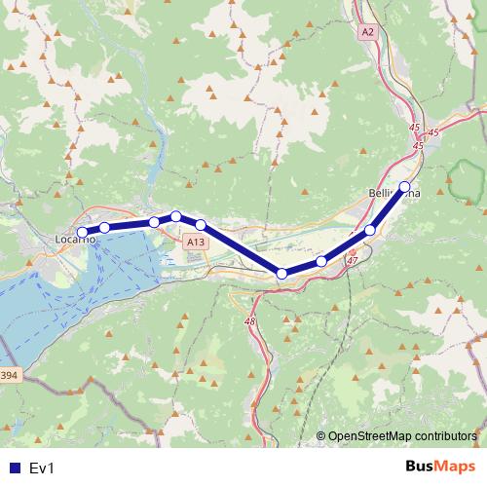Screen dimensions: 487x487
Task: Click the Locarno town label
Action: click(x=75, y=239)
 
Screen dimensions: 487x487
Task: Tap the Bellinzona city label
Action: click(x=394, y=194)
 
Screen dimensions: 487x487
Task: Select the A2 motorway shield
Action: click(x=367, y=32)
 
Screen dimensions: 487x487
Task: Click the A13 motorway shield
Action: click(x=195, y=242)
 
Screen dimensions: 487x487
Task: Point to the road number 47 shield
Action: click(x=352, y=262)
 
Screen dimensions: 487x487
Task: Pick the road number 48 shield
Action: click(x=250, y=320)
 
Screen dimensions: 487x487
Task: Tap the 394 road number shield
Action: click(x=9, y=375)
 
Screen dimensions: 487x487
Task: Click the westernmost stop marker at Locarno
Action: click(x=82, y=233)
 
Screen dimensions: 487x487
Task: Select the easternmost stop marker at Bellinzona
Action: click(x=405, y=186)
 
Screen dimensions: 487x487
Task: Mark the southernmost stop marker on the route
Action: click(x=282, y=274)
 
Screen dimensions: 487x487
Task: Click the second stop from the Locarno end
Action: click(x=104, y=228)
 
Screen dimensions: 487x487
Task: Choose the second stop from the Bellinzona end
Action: click(x=370, y=230)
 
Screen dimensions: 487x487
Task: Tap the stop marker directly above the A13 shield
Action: click(x=201, y=225)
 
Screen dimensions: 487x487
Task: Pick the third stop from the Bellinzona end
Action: click(x=321, y=262)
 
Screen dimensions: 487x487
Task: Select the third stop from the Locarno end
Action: click(x=154, y=222)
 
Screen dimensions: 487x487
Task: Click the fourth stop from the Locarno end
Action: click(x=176, y=216)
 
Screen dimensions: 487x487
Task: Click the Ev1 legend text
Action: click(x=42, y=468)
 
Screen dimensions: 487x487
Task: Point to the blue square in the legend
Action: click(x=14, y=468)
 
